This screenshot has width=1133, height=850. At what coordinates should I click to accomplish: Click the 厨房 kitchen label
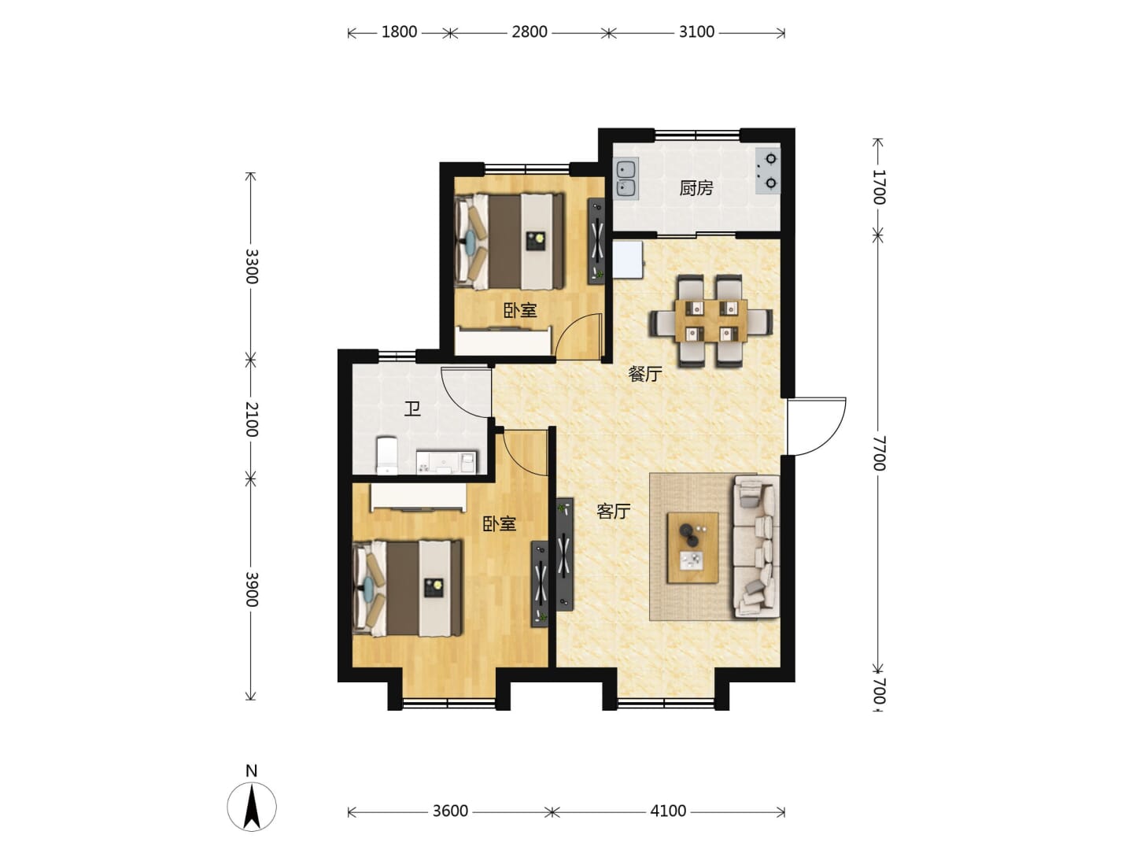696,188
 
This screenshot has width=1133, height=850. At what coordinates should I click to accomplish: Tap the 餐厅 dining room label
644,374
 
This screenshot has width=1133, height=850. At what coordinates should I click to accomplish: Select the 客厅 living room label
613,511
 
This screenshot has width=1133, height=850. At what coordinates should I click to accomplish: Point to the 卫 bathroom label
412,409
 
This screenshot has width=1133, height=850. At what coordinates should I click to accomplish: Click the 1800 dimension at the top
399,32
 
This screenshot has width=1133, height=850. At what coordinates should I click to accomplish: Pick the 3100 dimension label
696,32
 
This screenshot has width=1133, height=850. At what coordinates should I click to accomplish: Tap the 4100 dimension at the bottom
668,811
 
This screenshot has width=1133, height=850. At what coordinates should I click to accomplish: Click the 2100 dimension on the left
251,419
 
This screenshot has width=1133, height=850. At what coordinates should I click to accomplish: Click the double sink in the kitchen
626,179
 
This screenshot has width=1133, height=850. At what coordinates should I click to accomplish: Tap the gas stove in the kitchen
768,171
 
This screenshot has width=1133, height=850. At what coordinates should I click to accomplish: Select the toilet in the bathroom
386,455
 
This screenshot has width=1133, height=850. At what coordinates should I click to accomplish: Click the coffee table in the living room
692,548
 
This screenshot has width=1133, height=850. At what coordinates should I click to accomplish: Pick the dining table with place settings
710,320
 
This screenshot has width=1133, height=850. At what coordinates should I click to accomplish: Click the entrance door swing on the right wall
817,427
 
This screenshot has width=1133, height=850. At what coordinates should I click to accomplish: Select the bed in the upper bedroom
509,241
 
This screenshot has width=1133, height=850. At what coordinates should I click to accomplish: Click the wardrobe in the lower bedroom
418,497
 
